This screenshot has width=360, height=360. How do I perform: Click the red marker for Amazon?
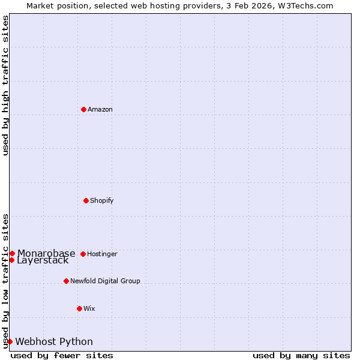coord(83,109)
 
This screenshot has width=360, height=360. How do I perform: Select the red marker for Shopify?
coord(86,200)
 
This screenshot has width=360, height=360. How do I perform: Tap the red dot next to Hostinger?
coord(83,254)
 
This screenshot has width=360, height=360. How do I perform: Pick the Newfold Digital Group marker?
coord(66,281)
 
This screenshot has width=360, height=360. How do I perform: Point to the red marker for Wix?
coord(79,308)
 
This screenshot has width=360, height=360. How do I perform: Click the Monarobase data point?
coord(12,253)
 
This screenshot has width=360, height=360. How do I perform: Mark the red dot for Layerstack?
coord(11,260)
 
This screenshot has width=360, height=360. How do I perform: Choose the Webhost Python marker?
coord(10,341)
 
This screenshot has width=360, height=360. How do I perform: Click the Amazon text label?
coord(100,109)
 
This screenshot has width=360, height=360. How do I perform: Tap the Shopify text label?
coord(102,200)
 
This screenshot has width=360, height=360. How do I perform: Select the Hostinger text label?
coord(102,254)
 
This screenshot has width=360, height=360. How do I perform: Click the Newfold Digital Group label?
coord(105,281)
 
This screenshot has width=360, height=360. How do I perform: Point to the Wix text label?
coord(89,308)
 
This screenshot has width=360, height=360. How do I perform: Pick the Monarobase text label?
coord(46,253)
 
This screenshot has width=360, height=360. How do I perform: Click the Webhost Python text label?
coord(54,341)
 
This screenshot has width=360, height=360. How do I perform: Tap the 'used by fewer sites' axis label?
coord(62,355)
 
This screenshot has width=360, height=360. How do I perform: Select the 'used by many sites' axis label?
coord(301,355)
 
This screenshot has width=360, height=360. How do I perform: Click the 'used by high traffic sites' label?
coord(5,86)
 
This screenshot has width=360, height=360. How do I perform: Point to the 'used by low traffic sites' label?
coord(5,281)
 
